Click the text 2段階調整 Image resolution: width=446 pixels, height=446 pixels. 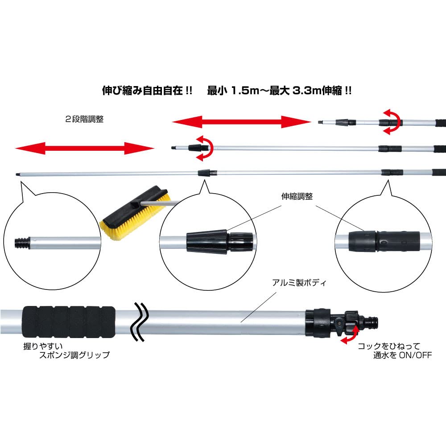click(84, 120)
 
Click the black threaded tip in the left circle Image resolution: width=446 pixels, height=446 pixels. click(20, 243)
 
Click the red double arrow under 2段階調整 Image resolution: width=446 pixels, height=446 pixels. click(84, 148)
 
